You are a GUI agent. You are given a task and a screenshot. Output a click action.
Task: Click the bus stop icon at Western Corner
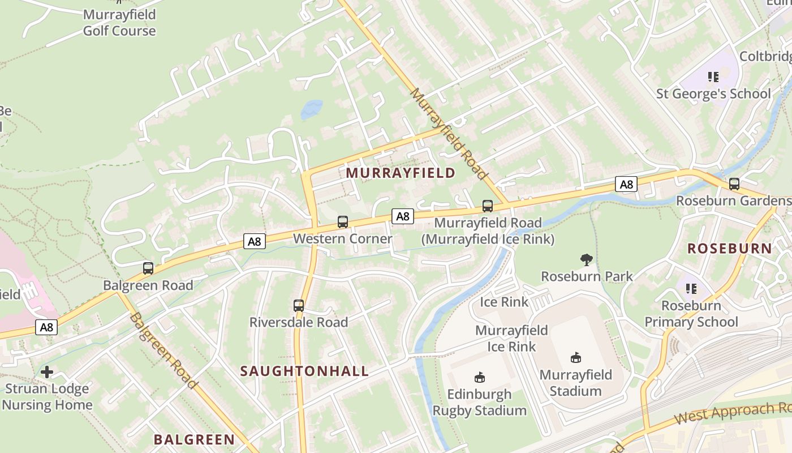coord(342,221)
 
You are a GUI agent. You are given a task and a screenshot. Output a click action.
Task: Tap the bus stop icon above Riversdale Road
coord(299,306)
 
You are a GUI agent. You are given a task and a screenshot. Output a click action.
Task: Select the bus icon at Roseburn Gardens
coord(734,184)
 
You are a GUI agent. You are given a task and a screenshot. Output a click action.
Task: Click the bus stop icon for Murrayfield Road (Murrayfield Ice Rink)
coord(487,206)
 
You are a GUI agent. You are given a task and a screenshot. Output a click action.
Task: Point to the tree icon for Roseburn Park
coord(587,260)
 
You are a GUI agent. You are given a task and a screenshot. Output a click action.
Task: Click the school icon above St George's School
coord(713,77)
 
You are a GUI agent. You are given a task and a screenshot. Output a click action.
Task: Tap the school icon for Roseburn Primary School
coord(691,289)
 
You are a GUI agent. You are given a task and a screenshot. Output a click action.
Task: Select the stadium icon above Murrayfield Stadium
coord(576,358)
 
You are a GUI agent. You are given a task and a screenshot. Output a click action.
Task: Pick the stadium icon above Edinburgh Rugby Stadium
coord(480,377)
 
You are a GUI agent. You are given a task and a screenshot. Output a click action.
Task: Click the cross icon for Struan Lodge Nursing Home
coord(47,372)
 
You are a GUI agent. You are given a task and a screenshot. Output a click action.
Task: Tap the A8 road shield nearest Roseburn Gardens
coord(626,184)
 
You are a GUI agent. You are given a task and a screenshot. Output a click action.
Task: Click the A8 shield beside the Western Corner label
coord(402,216)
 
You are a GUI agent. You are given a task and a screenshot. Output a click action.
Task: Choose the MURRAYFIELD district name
coord(401,173)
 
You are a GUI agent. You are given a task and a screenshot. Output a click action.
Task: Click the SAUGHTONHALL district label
coord(304,371)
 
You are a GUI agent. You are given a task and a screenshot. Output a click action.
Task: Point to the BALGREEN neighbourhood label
coord(194,439)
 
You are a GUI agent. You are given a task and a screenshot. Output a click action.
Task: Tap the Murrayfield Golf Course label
coord(119,23)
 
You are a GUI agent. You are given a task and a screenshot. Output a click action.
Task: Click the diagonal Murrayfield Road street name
coord(449,134)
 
